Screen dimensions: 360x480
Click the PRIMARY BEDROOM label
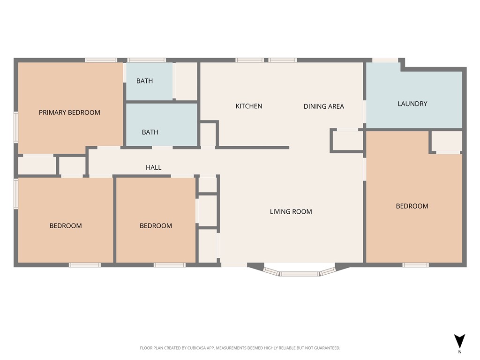[69, 112]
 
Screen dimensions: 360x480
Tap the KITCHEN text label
[248, 106]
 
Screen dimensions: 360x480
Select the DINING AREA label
[323, 106]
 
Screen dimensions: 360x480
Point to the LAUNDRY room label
[412, 104]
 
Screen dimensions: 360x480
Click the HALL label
[153, 167]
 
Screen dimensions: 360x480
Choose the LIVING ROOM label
[291, 211]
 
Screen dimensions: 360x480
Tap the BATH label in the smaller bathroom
[144, 81]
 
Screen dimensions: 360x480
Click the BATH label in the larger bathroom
[150, 132]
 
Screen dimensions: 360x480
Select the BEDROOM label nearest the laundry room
[412, 206]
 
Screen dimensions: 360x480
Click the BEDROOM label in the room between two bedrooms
[156, 225]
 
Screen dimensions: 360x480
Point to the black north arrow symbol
[459, 341]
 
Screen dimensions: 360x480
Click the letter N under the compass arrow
[459, 352]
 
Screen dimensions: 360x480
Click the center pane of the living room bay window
[300, 273]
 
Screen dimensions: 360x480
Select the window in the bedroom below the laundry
[415, 265]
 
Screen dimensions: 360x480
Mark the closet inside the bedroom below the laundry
[446, 141]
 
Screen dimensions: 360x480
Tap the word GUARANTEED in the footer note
[326, 348]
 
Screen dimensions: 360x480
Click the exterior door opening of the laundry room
[385, 60]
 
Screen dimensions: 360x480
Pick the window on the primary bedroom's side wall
[16, 127]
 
